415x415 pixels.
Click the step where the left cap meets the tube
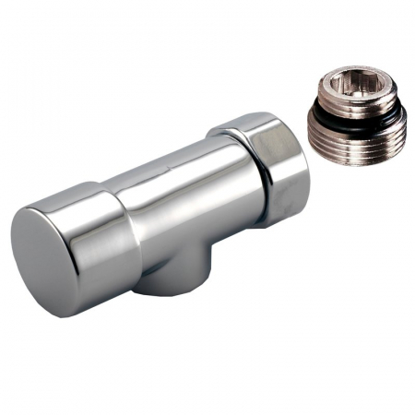(x=138, y=207)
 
